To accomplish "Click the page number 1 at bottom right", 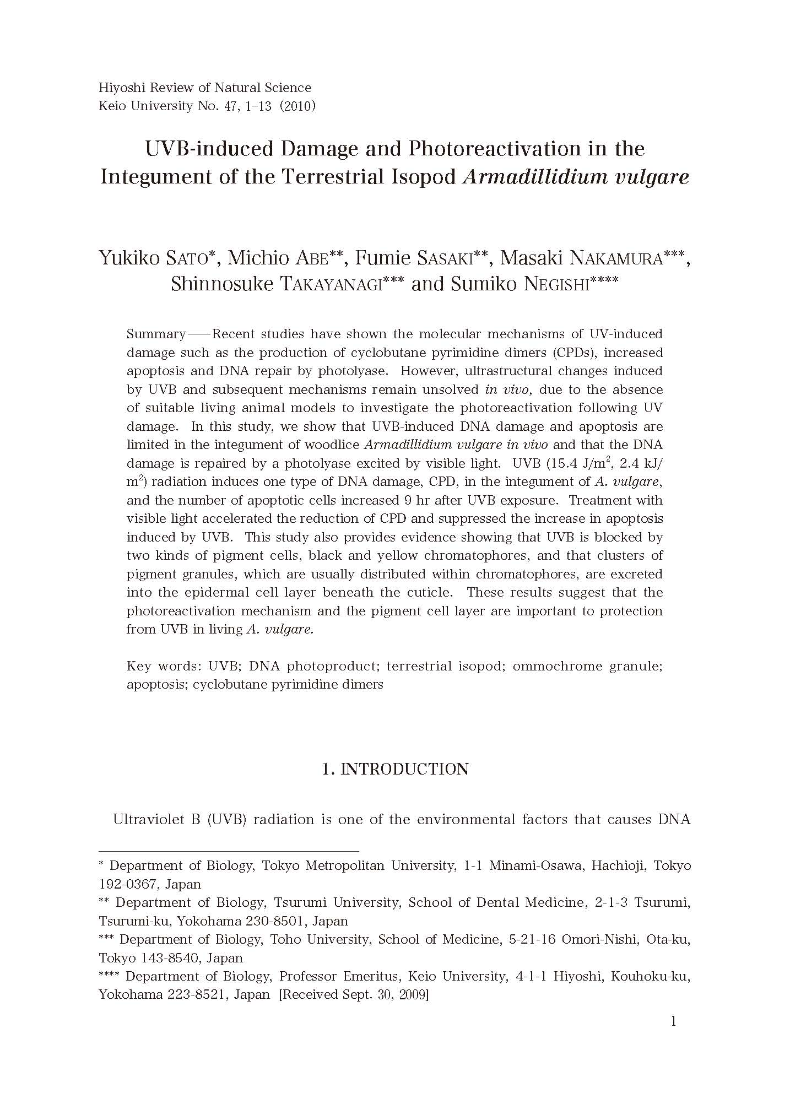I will tap(673, 1021).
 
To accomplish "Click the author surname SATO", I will tap(186, 258).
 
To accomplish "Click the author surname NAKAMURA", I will tap(615, 258).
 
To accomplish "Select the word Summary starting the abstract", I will tap(156, 334).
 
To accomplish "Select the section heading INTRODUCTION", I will tap(404, 769).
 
